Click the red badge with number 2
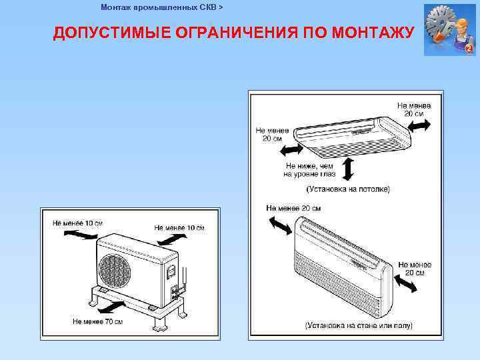pyautogui.click(x=469, y=49)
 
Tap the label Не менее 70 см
pyautogui.click(x=97, y=321)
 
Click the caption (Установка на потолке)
pyautogui.click(x=348, y=189)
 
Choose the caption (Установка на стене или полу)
pyautogui.click(x=359, y=325)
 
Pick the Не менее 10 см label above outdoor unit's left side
pyautogui.click(x=78, y=223)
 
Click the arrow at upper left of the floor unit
pyautogui.click(x=279, y=225)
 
